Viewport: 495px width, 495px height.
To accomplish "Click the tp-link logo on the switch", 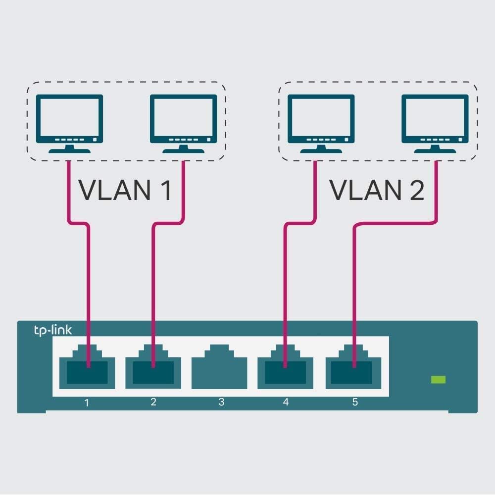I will (52, 330).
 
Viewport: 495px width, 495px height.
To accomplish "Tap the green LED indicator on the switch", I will (438, 380).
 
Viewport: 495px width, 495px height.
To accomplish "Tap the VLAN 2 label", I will (377, 190).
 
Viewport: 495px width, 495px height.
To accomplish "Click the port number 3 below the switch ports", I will (221, 402).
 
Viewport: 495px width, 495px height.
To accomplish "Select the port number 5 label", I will (354, 402).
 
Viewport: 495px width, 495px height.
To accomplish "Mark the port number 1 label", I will (87, 402).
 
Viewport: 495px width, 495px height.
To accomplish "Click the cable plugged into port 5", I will (354, 297).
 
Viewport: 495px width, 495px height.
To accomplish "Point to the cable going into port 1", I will (89, 297).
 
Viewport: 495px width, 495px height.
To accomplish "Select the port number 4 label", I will (286, 402).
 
